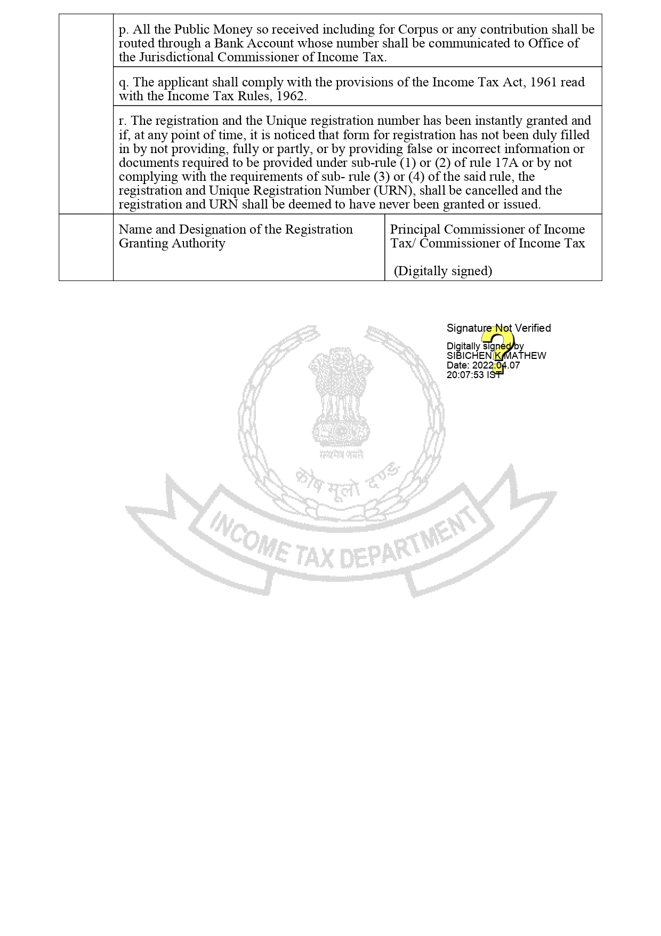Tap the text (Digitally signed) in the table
click(x=443, y=271)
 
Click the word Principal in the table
click(x=415, y=229)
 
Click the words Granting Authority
click(x=172, y=243)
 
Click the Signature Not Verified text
click(x=498, y=328)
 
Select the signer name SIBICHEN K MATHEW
click(x=496, y=356)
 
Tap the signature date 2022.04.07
click(x=496, y=365)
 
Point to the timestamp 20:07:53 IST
click(x=473, y=375)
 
